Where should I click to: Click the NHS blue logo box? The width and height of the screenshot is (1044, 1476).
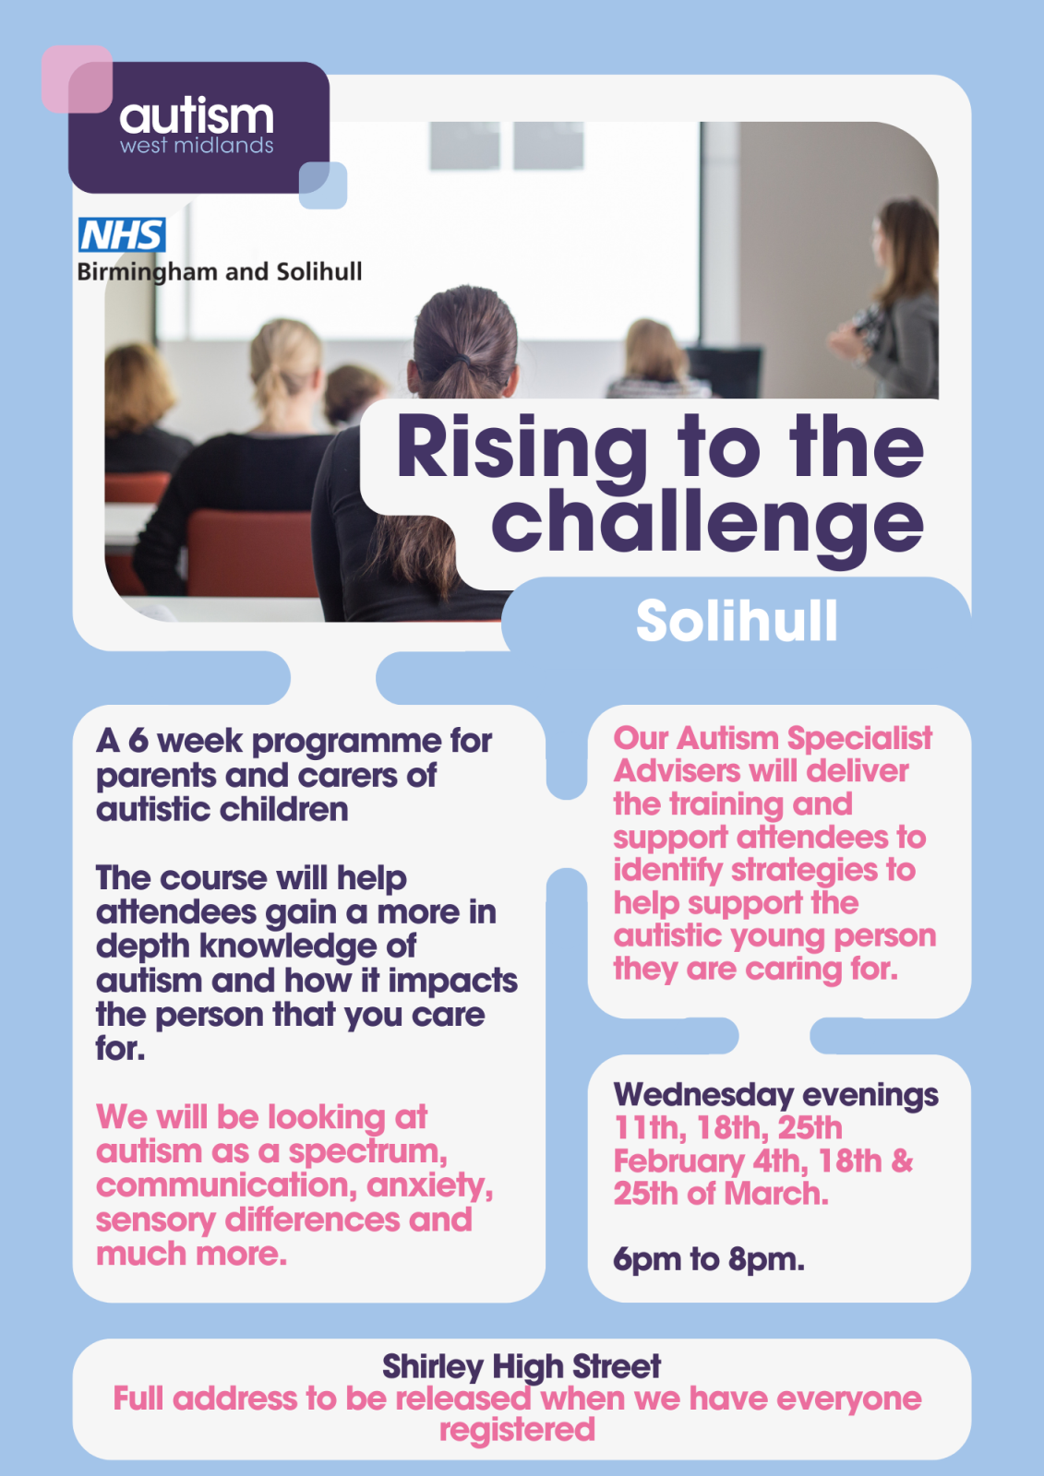(122, 234)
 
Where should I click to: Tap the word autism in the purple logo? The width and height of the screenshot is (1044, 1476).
(197, 116)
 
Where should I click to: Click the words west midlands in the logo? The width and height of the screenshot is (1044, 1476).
(197, 146)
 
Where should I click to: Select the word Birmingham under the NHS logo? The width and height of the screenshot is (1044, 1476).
(148, 272)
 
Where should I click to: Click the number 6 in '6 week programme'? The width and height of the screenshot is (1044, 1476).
(138, 741)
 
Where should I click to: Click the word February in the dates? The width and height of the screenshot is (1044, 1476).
(678, 1162)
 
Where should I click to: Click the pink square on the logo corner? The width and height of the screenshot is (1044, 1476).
(77, 79)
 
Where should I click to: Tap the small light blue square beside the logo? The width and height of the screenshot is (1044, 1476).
(323, 185)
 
